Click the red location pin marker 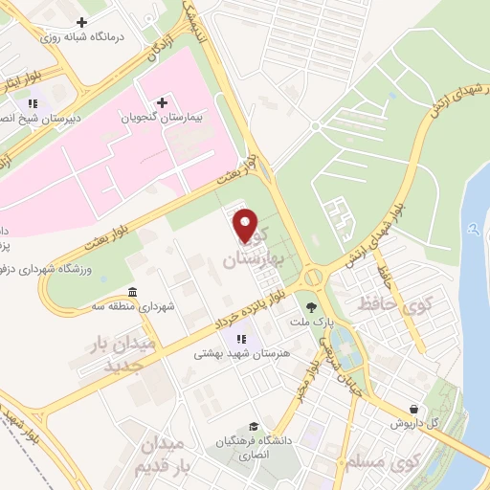(247, 226)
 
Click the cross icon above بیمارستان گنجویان (162, 101)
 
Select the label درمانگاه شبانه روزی (81, 35)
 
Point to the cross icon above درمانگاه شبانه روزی (81, 21)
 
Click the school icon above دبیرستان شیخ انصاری (33, 103)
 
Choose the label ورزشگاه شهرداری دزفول (49, 270)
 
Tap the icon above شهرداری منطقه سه (131, 291)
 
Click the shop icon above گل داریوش (412, 408)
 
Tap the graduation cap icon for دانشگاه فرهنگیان (253, 426)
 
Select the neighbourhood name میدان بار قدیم (168, 455)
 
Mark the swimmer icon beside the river (475, 230)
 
